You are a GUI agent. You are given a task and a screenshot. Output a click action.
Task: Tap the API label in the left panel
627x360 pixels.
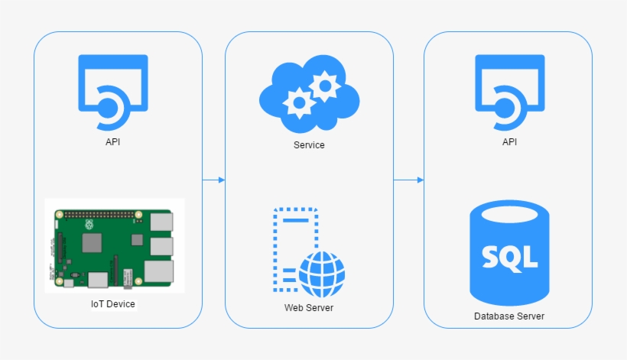point(113,141)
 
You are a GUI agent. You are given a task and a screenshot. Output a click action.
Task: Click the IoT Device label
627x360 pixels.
point(113,304)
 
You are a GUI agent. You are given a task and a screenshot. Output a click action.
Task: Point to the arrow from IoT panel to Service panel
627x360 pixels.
point(213,180)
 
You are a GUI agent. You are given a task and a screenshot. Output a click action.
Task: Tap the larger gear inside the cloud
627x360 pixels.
point(325,86)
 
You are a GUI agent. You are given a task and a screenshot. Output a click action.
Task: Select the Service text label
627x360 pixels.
point(309,144)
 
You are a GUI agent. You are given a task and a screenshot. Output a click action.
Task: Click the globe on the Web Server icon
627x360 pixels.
point(321,274)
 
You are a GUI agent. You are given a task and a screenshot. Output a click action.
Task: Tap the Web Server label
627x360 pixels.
point(309,308)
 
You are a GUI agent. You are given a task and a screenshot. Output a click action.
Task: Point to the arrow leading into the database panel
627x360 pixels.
point(408,180)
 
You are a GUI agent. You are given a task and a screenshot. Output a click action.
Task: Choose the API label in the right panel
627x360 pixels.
point(509,141)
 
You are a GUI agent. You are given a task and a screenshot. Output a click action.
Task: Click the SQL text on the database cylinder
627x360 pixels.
point(509,257)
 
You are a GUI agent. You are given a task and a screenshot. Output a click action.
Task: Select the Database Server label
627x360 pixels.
point(509,316)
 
